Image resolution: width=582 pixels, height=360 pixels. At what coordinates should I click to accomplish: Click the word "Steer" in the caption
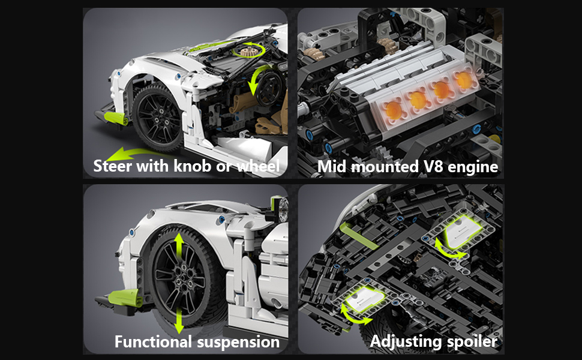112,166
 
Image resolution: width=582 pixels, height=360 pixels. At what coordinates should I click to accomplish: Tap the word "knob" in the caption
194,166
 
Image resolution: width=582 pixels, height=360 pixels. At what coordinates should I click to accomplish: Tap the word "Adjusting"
404,341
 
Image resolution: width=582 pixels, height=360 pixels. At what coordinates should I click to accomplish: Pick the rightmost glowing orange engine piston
463,80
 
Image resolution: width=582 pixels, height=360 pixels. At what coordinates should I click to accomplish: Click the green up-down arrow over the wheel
179,282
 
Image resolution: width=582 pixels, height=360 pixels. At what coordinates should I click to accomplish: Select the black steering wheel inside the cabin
271,89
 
